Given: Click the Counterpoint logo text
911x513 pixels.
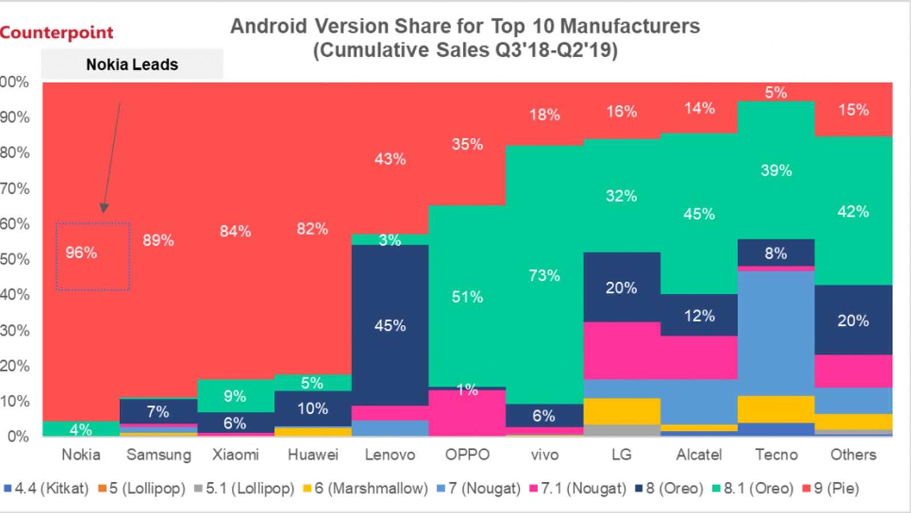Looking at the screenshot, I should click(56, 32).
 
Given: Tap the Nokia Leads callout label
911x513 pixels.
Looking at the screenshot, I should click(132, 64).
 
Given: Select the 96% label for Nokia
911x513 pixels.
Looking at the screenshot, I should click(81, 253).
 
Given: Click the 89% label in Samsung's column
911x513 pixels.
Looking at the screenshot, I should click(158, 240).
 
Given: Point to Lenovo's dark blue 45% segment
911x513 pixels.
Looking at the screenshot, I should click(390, 325).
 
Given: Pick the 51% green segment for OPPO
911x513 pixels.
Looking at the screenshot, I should click(467, 296).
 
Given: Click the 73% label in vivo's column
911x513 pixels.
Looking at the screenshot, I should click(544, 276).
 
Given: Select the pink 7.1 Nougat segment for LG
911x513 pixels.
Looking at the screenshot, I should click(622, 351).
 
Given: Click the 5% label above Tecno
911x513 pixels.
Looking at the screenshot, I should click(776, 92).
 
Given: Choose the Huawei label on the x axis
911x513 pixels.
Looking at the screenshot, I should click(313, 455).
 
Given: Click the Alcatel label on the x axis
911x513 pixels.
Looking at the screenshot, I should click(699, 455).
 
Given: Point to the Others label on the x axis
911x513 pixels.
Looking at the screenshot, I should click(853, 455).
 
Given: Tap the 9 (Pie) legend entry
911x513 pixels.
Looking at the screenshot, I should click(831, 488).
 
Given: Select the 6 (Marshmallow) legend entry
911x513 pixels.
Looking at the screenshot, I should click(366, 488).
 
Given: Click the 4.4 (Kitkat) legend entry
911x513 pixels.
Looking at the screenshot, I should click(47, 488).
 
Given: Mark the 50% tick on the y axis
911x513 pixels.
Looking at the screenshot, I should click(15, 259).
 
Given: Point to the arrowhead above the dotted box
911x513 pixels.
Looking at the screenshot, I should click(104, 207).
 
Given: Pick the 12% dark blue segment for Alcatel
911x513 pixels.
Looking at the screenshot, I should click(699, 315).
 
